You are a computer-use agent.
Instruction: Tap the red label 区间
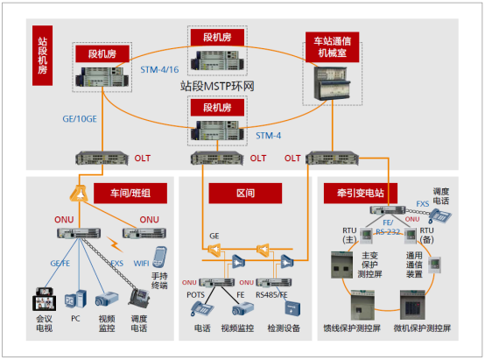coord(246,193)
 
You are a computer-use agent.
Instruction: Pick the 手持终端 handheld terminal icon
coord(160,257)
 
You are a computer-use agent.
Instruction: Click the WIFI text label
coord(139,263)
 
